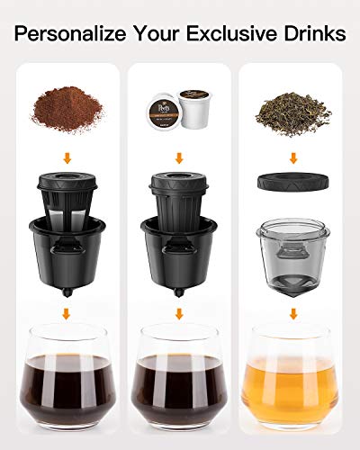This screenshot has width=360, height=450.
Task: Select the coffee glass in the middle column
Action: (179, 378)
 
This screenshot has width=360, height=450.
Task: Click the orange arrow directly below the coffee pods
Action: (179, 154)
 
